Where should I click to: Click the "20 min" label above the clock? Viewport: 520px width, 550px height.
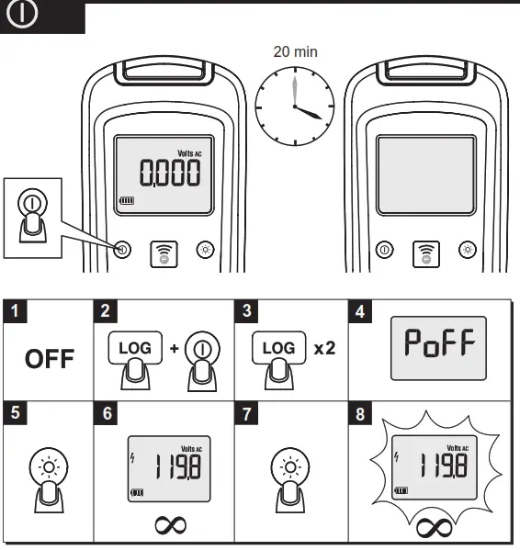pos(295,51)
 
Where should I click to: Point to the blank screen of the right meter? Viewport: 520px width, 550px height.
pos(425,174)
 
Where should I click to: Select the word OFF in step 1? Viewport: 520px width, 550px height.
pos(50,357)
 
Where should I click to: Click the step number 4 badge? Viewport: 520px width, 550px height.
pos(359,311)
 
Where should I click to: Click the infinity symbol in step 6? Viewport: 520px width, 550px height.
pos(170,524)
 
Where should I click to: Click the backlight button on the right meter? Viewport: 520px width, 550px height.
pos(467,249)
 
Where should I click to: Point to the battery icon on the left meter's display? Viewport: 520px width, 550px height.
pos(126,200)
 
